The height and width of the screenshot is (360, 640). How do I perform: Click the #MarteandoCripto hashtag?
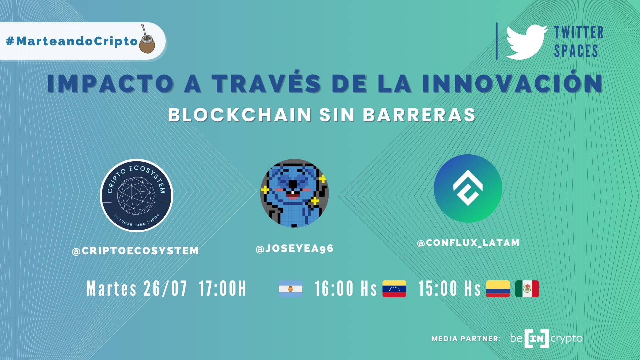(x=72, y=41)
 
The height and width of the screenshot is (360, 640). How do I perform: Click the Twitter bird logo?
(x=526, y=42)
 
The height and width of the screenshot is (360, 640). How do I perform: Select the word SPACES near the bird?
(x=576, y=51)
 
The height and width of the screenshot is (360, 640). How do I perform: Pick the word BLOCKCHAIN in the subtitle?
(x=240, y=115)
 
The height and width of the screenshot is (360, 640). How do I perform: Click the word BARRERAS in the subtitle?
(x=419, y=115)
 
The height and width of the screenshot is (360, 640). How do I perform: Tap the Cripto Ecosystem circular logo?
(x=137, y=195)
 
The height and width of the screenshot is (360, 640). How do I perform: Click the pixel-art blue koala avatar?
(x=294, y=193)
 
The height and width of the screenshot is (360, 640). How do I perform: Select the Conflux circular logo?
(x=468, y=188)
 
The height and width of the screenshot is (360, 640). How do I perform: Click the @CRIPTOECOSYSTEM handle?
(x=135, y=251)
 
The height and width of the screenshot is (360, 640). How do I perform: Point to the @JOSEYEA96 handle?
(x=294, y=249)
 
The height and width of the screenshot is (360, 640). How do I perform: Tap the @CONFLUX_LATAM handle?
(x=468, y=243)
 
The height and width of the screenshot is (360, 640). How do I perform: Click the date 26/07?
(x=165, y=288)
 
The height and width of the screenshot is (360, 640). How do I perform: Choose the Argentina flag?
(x=291, y=289)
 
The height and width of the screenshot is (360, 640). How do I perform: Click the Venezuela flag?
(x=394, y=289)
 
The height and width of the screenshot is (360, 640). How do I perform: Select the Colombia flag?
(x=498, y=289)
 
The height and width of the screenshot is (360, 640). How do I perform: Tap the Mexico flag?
(x=527, y=289)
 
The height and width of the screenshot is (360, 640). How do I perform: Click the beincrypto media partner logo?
(x=546, y=339)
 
